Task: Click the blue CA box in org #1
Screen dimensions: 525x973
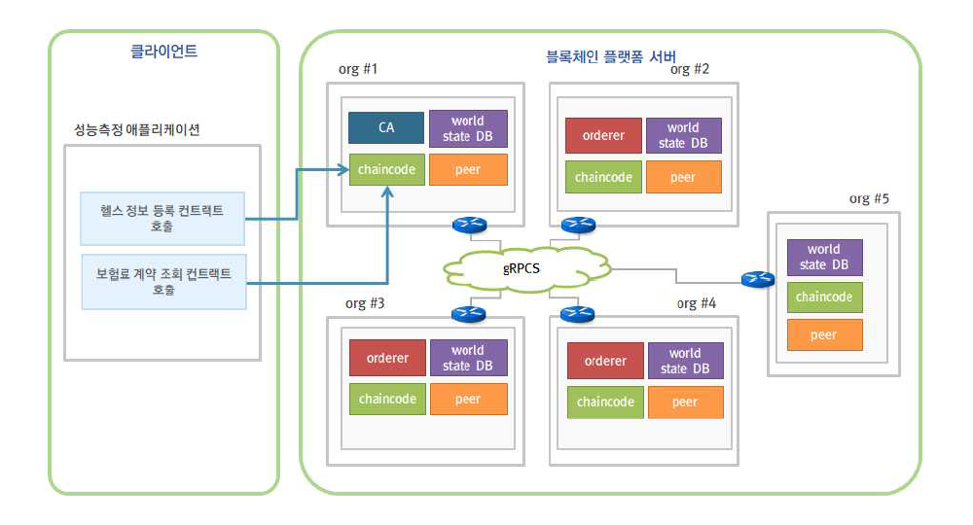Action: tap(386, 128)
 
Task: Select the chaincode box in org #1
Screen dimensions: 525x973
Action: tap(386, 169)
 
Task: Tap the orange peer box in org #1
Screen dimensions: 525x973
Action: tap(468, 169)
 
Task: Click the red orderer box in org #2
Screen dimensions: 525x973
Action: tap(603, 135)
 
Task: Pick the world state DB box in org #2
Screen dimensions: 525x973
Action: tap(684, 135)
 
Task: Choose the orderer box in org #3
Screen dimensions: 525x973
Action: tap(387, 358)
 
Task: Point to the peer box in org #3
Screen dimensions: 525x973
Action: tap(468, 399)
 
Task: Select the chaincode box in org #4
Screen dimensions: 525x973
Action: tap(605, 402)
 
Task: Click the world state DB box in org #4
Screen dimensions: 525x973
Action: tap(686, 361)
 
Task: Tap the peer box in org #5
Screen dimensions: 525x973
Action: tap(825, 334)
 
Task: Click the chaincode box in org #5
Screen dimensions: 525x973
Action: tap(825, 297)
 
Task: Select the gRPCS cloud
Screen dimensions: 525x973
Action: tap(523, 267)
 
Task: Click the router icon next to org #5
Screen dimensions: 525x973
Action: tap(756, 280)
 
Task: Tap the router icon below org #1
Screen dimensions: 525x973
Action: tap(468, 225)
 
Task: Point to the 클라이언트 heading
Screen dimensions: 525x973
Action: tap(163, 52)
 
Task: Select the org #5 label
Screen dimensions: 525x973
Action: tap(868, 199)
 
